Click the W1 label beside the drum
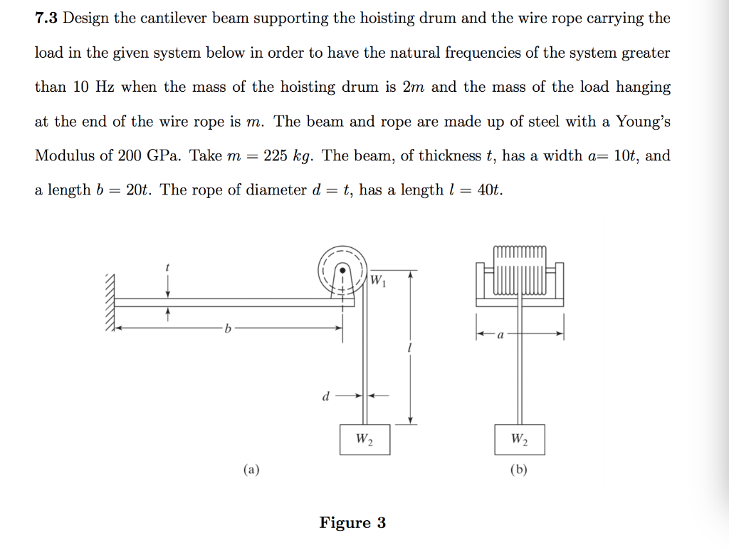tap(377, 279)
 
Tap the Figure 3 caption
tap(352, 523)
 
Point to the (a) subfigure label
tap(251, 470)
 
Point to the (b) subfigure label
tap(519, 470)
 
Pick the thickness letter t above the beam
tap(167, 267)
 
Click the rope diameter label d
tap(325, 396)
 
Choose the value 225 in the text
tap(275, 156)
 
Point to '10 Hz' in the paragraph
tap(93, 88)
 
